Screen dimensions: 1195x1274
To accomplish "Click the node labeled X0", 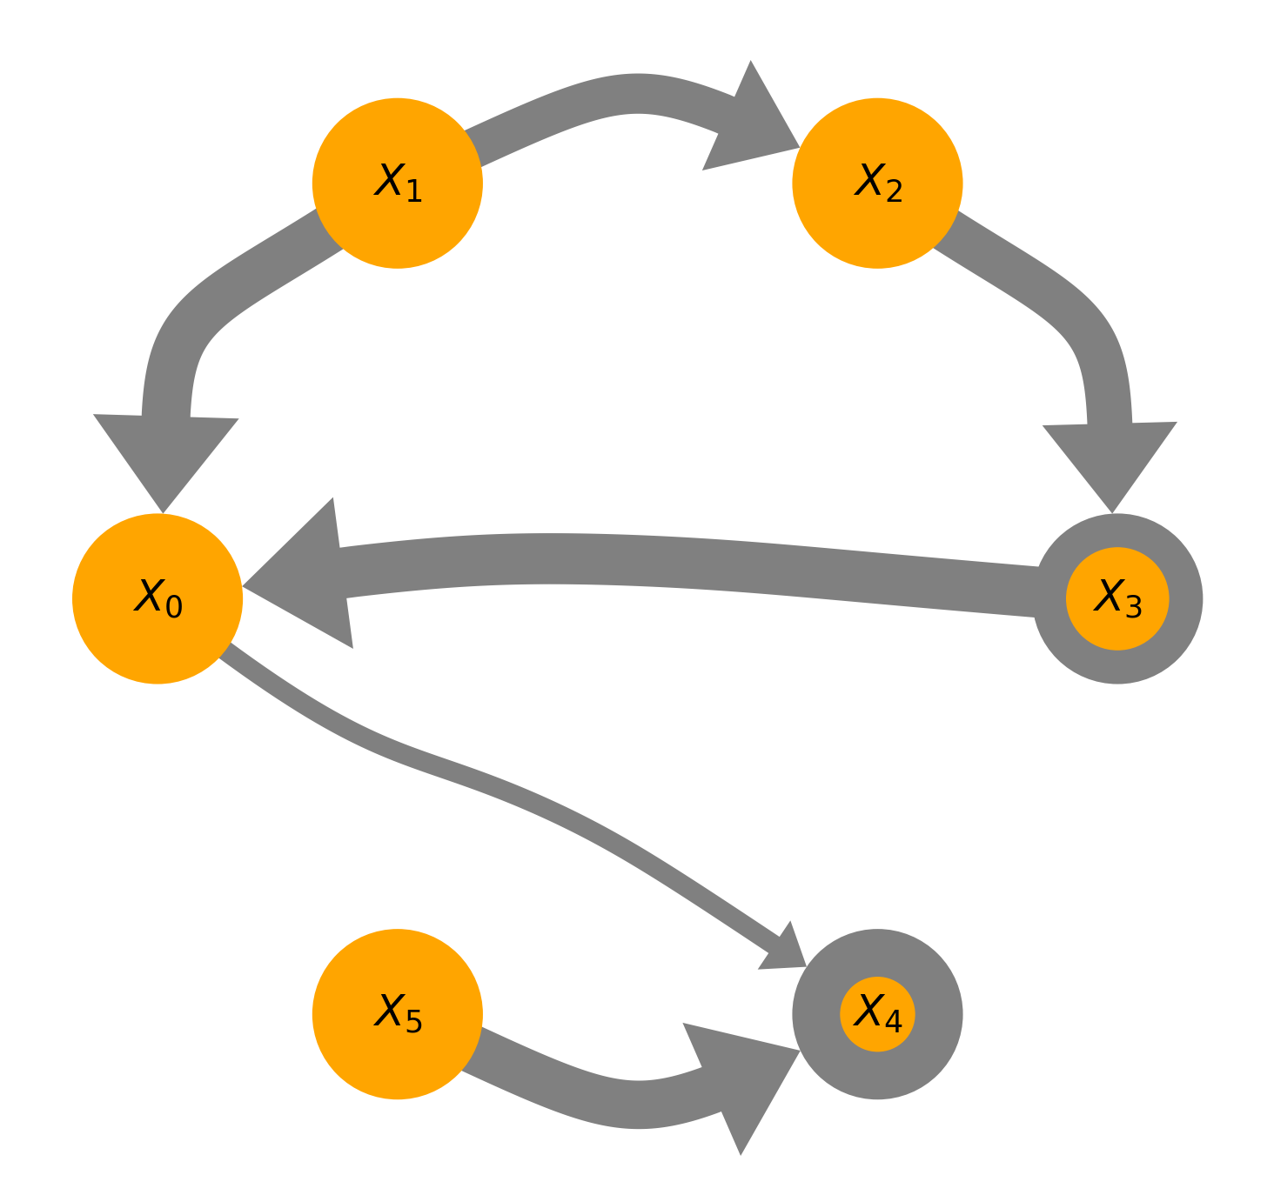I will pyautogui.click(x=158, y=599).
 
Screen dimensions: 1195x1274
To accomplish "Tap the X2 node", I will pyautogui.click(x=877, y=184).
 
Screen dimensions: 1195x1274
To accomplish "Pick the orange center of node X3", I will pyautogui.click(x=1117, y=598).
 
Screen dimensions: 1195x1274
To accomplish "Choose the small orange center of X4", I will pyautogui.click(x=877, y=1014).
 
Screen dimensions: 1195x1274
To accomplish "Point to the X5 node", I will pyautogui.click(x=398, y=1014).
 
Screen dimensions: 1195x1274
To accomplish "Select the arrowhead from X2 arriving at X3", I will pyautogui.click(x=1110, y=461).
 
